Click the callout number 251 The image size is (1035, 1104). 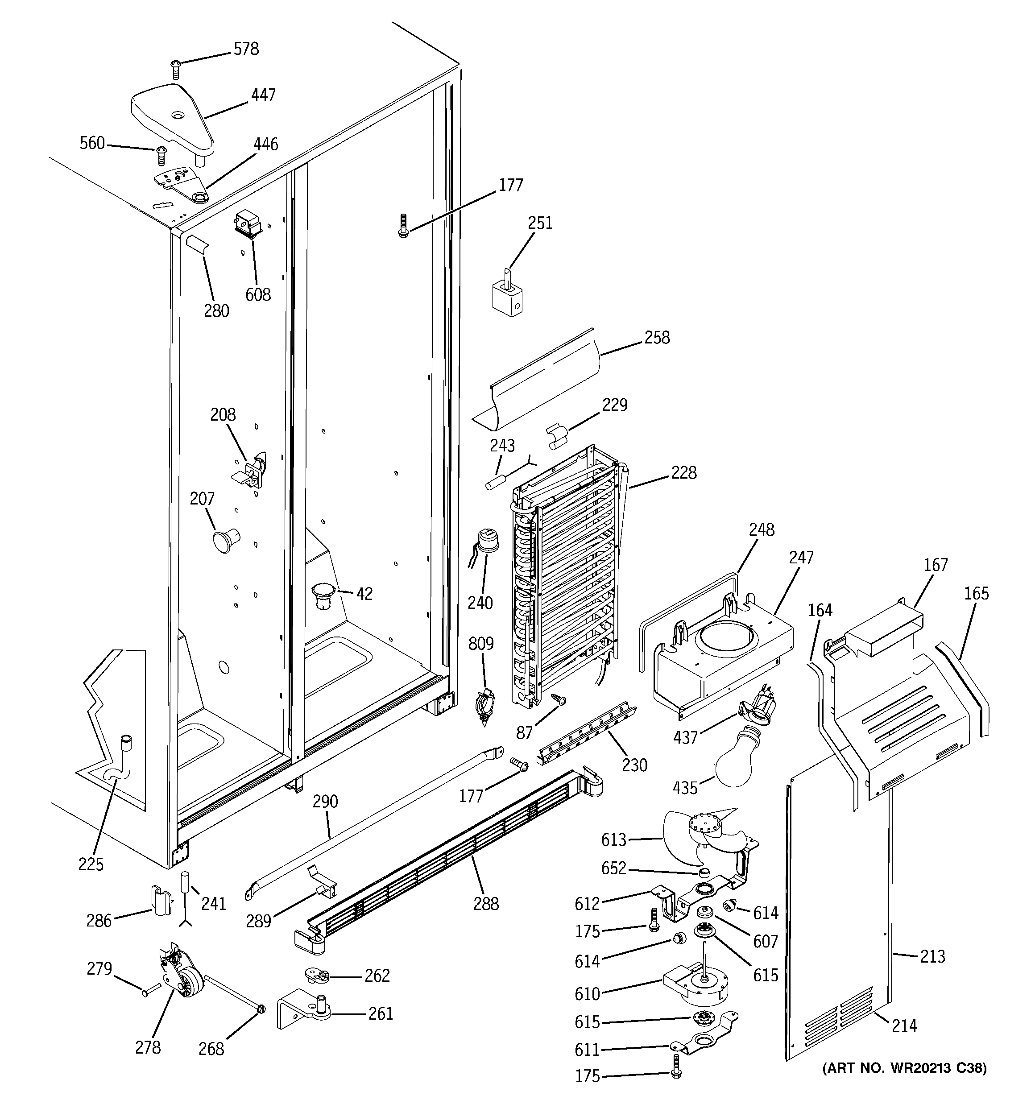pyautogui.click(x=539, y=223)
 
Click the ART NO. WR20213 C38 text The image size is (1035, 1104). pyautogui.click(x=904, y=1067)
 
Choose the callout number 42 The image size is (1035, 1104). pyautogui.click(x=364, y=594)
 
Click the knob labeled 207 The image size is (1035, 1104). pyautogui.click(x=224, y=540)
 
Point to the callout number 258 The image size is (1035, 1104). pyautogui.click(x=657, y=338)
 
